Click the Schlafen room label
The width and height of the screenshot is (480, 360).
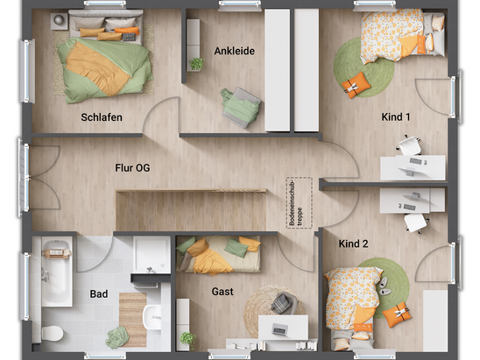click(102, 117)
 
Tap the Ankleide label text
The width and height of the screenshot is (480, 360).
click(235, 51)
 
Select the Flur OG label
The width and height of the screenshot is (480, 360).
click(132, 168)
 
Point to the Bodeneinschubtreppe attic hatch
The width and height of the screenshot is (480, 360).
click(299, 202)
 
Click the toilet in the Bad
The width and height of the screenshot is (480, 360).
click(53, 333)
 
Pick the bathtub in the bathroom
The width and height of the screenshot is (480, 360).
click(57, 272)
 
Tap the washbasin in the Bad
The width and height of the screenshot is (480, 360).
click(152, 317)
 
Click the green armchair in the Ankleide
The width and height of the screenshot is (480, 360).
click(241, 108)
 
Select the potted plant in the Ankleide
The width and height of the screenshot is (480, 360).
click(196, 64)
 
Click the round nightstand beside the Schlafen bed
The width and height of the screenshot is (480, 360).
click(59, 20)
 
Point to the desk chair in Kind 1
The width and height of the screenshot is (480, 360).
click(409, 145)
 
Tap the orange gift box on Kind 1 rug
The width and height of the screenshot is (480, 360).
click(354, 85)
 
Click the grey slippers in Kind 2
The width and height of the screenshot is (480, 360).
click(384, 286)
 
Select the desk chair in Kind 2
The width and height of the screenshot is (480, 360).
click(415, 222)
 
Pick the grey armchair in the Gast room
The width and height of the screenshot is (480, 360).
click(285, 303)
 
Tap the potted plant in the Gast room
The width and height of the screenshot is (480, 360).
click(188, 339)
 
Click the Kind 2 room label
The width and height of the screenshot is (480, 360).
click(353, 244)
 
